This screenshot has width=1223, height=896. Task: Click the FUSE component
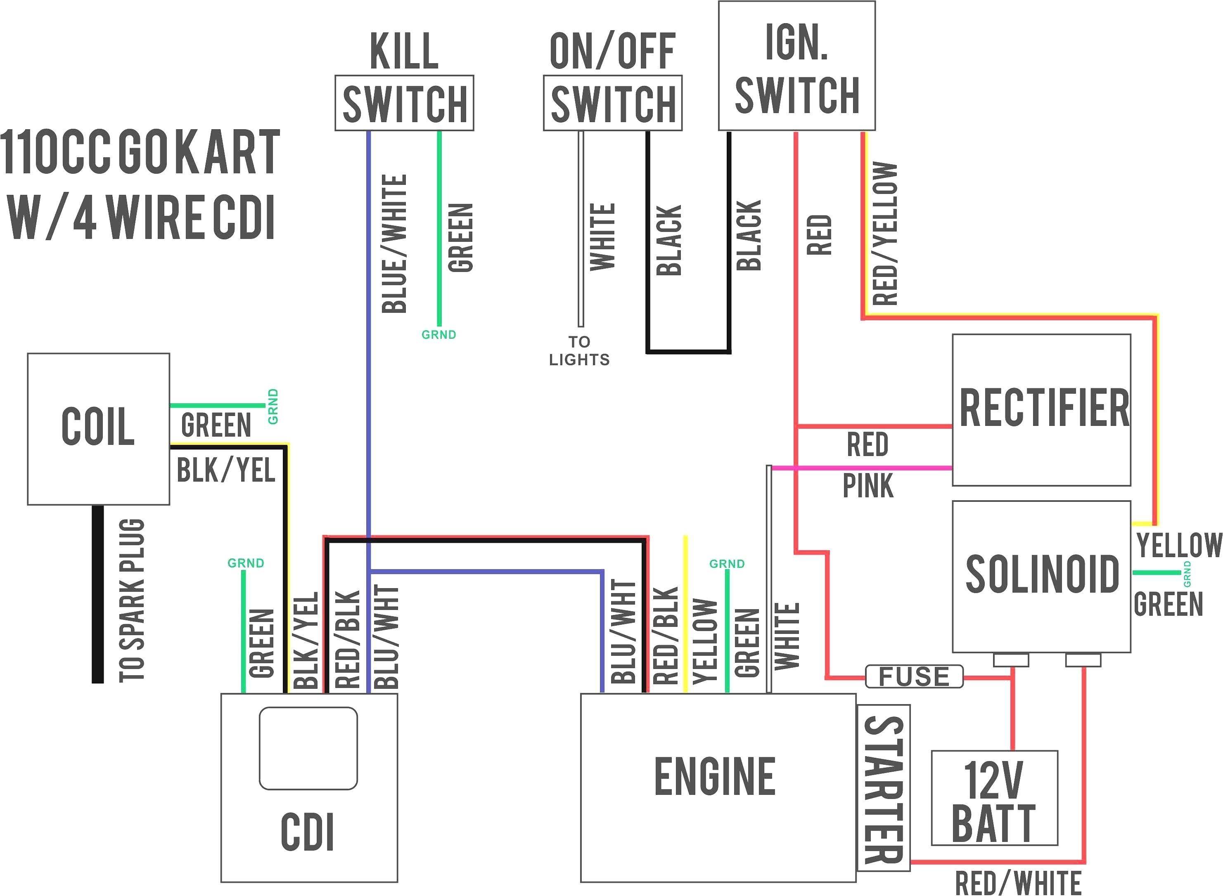pos(914,676)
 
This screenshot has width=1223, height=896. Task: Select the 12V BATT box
pos(994,797)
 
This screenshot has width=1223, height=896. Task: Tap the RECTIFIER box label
pos(1043,408)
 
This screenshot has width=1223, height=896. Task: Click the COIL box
pos(98,428)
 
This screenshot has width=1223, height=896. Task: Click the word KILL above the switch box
pos(404,52)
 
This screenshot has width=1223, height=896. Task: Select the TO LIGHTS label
pos(579,351)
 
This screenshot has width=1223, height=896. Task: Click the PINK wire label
pos(867,485)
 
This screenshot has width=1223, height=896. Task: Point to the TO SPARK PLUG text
pos(132,599)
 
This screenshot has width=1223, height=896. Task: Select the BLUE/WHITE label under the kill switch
pos(394,244)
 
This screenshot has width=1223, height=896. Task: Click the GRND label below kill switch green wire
pos(438,335)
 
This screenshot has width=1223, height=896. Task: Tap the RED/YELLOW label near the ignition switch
pos(885,233)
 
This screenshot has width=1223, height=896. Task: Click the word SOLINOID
pos(1042,574)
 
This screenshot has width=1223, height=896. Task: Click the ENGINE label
pos(715,777)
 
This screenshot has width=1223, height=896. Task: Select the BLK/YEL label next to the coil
pos(226,470)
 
